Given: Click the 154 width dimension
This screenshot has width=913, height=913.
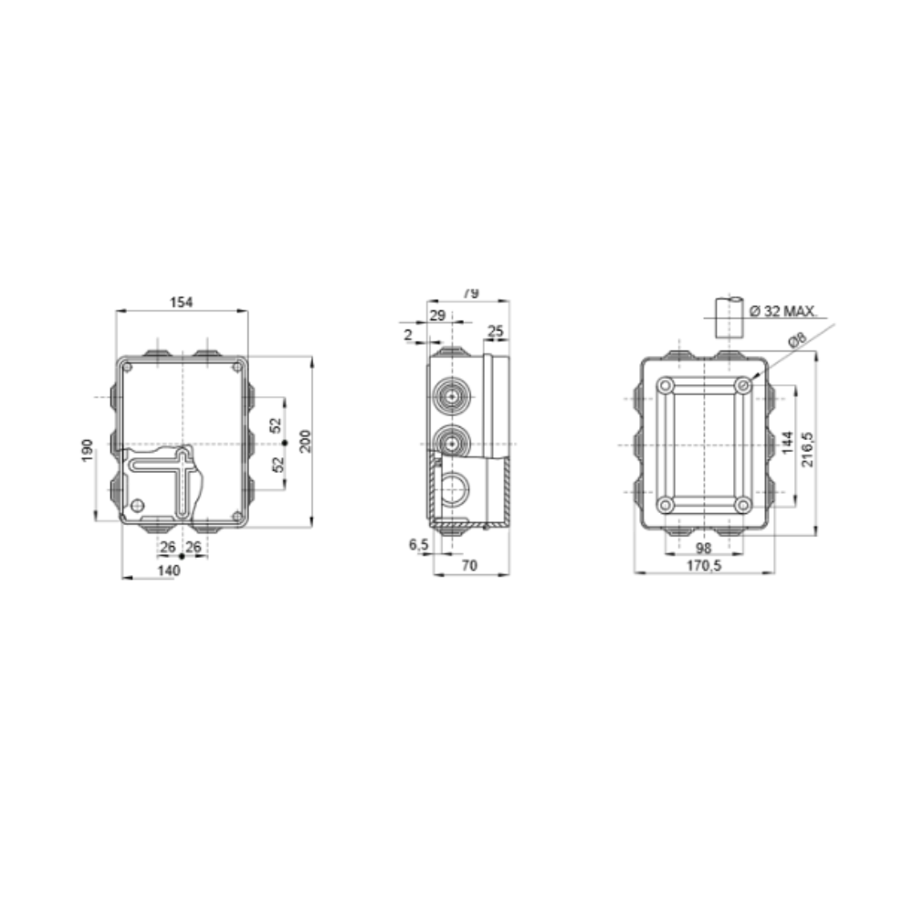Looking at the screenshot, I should (x=183, y=303).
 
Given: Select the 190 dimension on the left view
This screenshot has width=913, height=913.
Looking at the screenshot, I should (x=86, y=449).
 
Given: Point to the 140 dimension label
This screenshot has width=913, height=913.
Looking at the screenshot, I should (x=169, y=570).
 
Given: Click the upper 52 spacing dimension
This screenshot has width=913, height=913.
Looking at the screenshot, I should (x=277, y=425).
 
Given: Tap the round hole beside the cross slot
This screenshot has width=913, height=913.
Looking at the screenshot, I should (x=138, y=505).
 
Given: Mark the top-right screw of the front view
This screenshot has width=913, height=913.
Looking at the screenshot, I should (x=237, y=367).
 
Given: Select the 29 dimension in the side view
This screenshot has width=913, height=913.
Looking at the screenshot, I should (x=436, y=315).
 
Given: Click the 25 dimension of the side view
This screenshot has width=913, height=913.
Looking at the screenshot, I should (x=496, y=330).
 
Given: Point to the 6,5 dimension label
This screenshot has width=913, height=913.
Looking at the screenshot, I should (x=420, y=544).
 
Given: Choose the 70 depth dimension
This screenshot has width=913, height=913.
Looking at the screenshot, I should (x=469, y=566).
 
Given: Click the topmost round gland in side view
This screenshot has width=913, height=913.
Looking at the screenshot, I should (x=449, y=398).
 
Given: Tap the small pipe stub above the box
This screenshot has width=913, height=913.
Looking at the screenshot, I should (x=728, y=316).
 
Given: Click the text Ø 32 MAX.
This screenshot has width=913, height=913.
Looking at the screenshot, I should (x=782, y=311).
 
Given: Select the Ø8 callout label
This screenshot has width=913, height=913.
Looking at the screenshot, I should (x=796, y=340).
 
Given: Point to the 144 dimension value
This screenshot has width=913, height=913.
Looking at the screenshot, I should (x=787, y=446).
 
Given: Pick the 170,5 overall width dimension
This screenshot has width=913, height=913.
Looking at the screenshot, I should (x=704, y=566).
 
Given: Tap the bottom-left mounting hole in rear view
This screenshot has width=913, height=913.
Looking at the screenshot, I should (x=666, y=504).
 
